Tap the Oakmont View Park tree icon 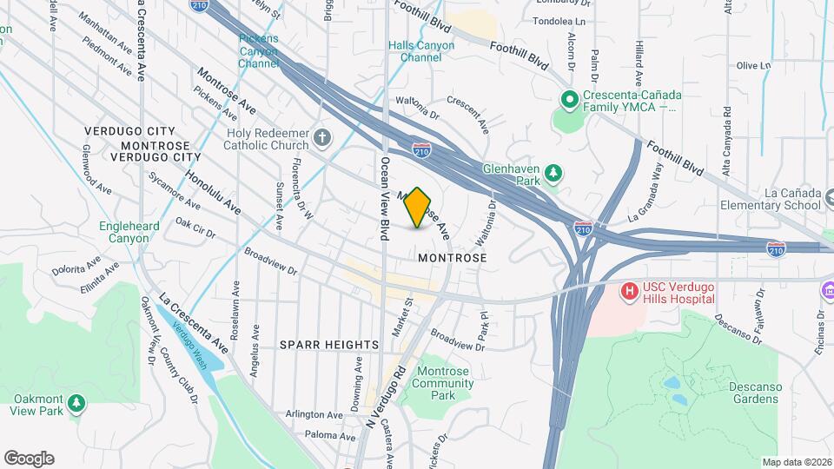tap(77, 403)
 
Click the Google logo tap(29, 458)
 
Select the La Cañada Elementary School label tap(771, 199)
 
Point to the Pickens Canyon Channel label tap(259, 51)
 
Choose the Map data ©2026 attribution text tap(796, 462)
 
